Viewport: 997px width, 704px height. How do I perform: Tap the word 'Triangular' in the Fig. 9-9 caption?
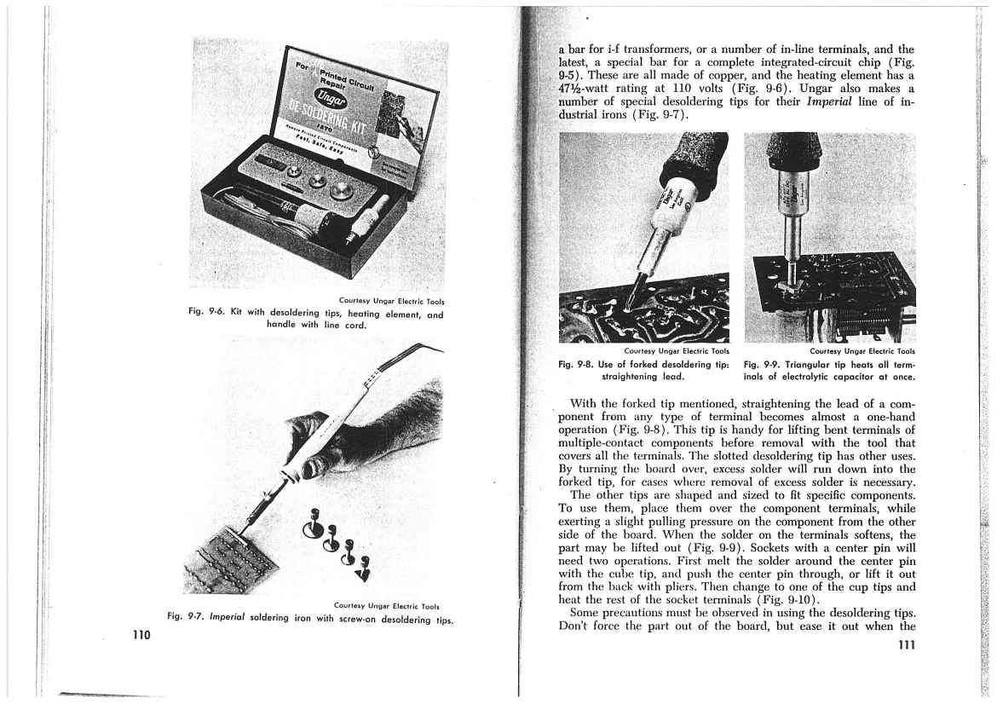[x=821, y=363]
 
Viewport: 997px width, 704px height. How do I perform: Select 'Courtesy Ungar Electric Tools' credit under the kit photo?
[x=391, y=300]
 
